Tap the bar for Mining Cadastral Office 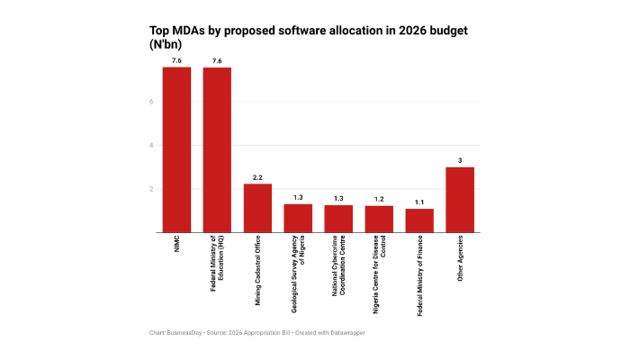[257, 208]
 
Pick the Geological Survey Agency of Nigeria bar [298, 218]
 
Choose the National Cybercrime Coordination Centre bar [338, 219]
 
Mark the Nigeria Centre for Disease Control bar [379, 220]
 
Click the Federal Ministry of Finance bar [419, 220]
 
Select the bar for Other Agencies [460, 200]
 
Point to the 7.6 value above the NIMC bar [176, 60]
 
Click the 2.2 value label [257, 177]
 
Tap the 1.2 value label [379, 199]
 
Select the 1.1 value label [419, 202]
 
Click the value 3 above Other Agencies [460, 160]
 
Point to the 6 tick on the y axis [152, 101]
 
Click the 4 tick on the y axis [152, 145]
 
